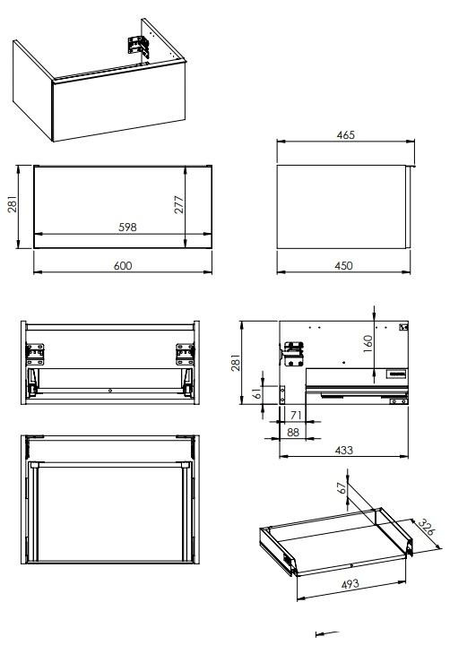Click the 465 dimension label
click(x=346, y=135)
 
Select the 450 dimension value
click(x=343, y=266)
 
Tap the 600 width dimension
click(x=123, y=266)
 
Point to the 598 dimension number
click(x=127, y=227)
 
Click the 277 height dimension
click(x=179, y=204)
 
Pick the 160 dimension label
click(x=368, y=343)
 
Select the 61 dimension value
click(x=257, y=393)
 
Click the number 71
click(x=296, y=415)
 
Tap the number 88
click(x=292, y=433)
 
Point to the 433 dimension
click(x=343, y=450)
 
